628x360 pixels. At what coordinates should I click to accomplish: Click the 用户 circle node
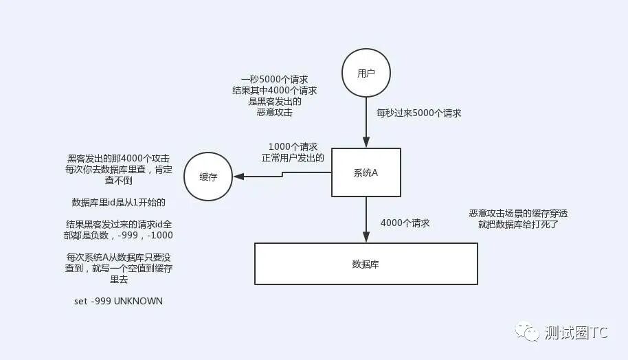(366, 74)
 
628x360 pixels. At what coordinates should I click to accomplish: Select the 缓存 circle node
(208, 177)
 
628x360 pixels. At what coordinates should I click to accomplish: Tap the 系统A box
(366, 172)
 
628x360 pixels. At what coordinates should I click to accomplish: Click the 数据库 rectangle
(366, 264)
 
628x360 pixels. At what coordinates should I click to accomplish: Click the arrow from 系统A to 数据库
(366, 220)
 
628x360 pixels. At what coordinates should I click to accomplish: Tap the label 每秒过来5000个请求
(418, 113)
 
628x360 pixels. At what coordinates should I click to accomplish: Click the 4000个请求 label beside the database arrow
(405, 223)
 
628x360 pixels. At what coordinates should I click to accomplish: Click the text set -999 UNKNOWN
(118, 301)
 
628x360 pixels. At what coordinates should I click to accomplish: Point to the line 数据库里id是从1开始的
(119, 203)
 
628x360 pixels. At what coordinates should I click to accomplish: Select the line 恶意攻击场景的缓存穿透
(518, 214)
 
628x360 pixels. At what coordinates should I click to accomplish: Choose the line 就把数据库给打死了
(518, 225)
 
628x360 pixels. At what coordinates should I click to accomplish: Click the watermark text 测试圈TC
(576, 333)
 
